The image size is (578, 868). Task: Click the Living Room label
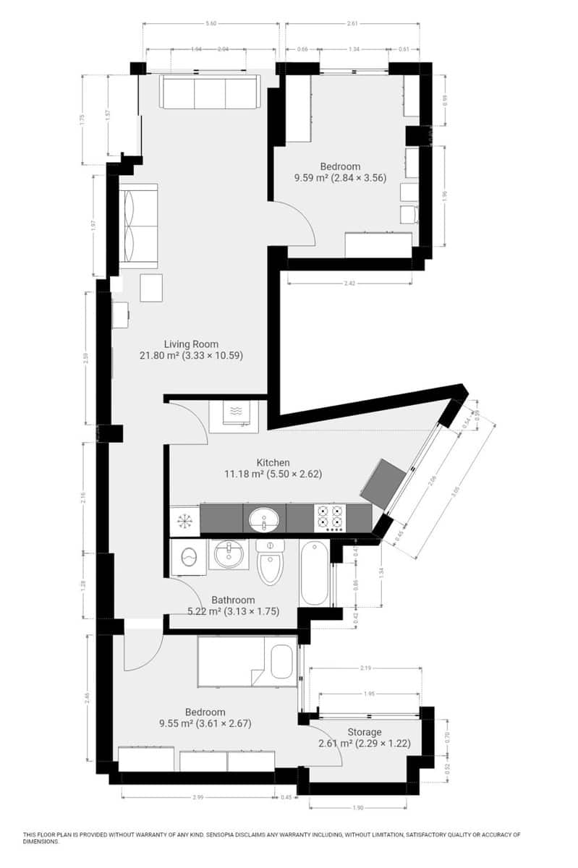pos(190,344)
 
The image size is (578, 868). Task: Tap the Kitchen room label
pos(273,463)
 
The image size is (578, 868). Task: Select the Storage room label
pos(363,732)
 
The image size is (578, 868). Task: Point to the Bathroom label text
pos(233,600)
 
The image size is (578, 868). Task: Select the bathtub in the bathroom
pos(315,572)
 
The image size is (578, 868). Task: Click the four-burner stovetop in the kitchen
pos(329,518)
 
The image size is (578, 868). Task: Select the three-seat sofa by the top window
pos(209,93)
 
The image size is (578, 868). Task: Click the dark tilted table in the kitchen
pos(383,481)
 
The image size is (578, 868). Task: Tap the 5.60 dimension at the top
pos(211,24)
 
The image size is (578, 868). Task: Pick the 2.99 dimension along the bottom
pos(197,797)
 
